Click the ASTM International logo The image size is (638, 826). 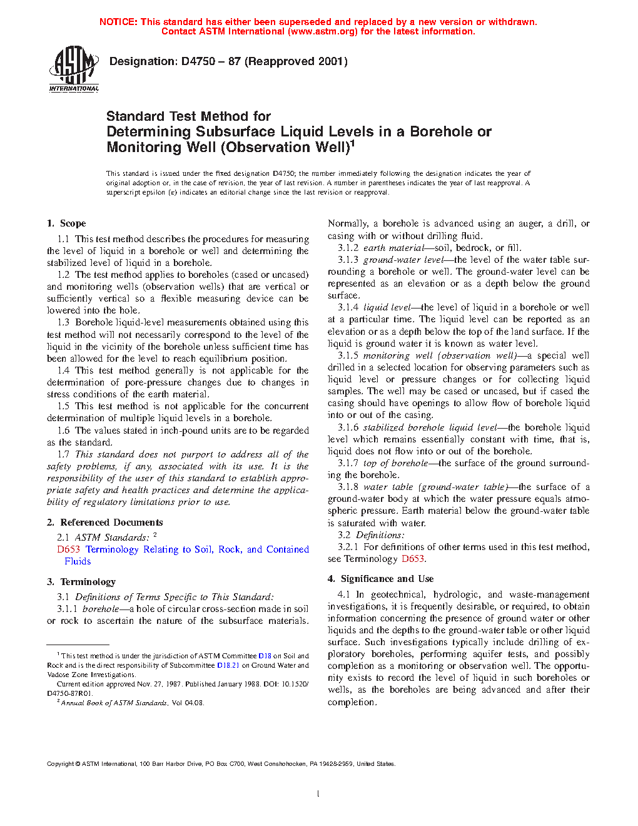[74, 69]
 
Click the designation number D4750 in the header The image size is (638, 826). [198, 61]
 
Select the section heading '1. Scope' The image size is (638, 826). [66, 223]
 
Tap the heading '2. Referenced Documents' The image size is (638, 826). [104, 523]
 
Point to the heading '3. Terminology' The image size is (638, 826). [81, 582]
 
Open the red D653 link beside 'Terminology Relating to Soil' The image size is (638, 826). [68, 549]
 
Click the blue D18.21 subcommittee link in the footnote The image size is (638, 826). [228, 665]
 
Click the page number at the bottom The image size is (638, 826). [318, 794]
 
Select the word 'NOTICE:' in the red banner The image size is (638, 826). [118, 22]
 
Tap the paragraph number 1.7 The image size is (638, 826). [63, 454]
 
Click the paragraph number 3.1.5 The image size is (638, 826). [348, 355]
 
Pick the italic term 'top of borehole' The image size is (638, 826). [395, 463]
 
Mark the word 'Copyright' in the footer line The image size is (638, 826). [60, 763]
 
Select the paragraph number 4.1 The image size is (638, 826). [343, 594]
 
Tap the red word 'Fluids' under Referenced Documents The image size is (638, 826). [78, 561]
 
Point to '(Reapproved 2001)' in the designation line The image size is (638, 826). [296, 61]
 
